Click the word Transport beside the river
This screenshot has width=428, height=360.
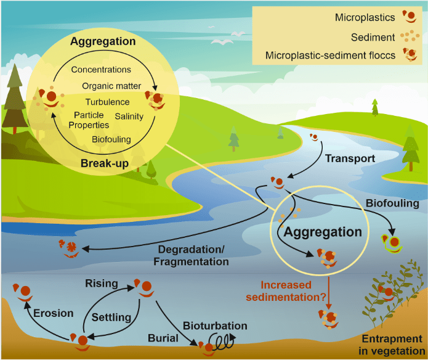tap(350, 158)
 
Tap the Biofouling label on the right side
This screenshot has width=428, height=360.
tap(392, 203)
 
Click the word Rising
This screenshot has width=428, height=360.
tap(102, 284)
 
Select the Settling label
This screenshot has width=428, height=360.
tap(111, 317)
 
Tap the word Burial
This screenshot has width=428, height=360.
tap(163, 338)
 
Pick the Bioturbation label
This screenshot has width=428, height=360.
tap(215, 325)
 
